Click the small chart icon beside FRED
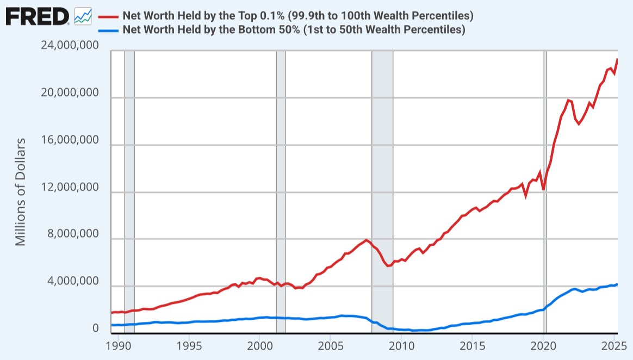coord(83,16)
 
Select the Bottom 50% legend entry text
coord(294,29)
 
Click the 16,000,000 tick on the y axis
coord(70,140)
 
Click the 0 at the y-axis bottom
coord(96,328)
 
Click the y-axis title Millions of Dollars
coord(20,191)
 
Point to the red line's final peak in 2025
coord(617,59)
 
